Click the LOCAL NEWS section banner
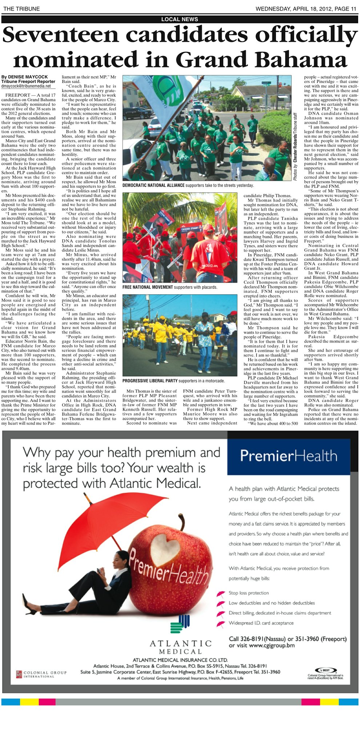(x=180, y=19)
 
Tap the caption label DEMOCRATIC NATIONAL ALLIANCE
(x=153, y=186)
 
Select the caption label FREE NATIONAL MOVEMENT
(x=148, y=287)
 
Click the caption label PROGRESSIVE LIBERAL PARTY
(x=150, y=381)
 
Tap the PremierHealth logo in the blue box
(x=288, y=456)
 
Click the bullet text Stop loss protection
(x=249, y=593)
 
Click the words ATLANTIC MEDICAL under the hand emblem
(x=180, y=647)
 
